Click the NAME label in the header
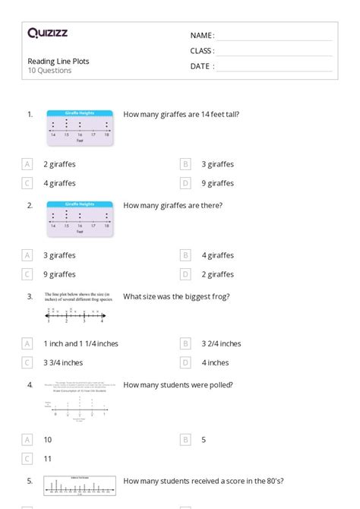coord(202,36)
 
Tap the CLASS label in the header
coord(202,51)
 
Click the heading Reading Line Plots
coord(58,61)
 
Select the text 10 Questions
coord(49,71)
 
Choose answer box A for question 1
coord(27,163)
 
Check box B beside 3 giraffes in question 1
coord(185,163)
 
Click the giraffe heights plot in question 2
coord(80,216)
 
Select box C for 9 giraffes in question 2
coord(27,274)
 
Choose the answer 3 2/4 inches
coord(221,343)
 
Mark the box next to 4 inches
coord(185,362)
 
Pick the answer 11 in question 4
coord(47,459)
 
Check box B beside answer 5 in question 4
coord(185,439)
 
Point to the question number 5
coord(30,481)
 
